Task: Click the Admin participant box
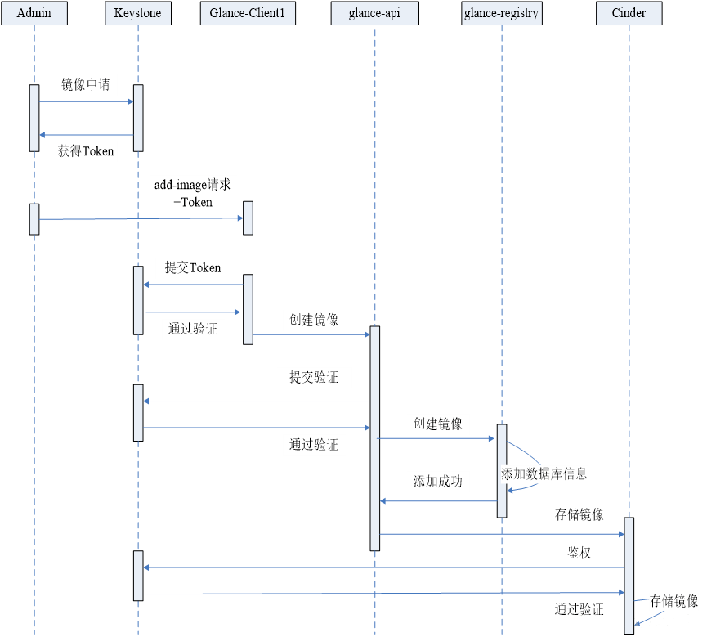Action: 34,13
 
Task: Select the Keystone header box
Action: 138,13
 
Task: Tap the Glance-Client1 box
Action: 248,13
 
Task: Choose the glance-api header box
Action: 374,13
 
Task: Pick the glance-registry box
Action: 501,13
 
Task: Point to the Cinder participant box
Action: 629,13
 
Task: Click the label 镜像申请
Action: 86,84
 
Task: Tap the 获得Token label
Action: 86,150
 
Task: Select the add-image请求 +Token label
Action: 193,193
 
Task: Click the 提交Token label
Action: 193,267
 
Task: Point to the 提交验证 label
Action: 314,377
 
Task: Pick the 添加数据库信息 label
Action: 544,473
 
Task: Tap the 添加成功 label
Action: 438,482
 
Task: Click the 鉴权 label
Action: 579,553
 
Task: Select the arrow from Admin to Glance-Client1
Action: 141,219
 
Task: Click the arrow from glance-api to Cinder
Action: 502,534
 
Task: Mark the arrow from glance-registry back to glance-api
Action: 438,500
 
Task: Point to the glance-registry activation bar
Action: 502,470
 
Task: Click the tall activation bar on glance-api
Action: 374,438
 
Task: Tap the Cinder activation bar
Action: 629,576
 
